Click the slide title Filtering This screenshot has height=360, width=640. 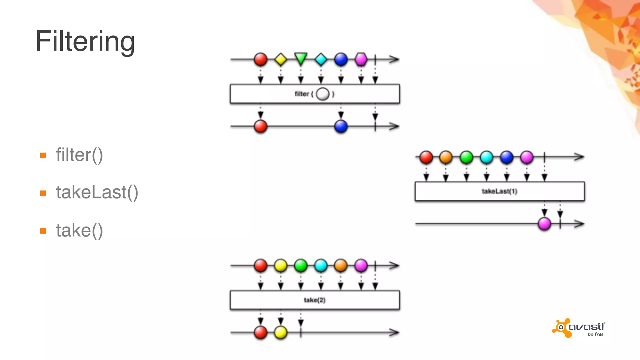pyautogui.click(x=85, y=41)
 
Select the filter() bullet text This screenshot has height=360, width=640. pyautogui.click(x=79, y=155)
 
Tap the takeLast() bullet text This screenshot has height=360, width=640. pyautogui.click(x=97, y=192)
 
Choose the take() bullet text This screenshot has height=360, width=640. pyautogui.click(x=79, y=231)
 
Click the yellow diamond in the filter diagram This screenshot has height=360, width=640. pyautogui.click(x=281, y=59)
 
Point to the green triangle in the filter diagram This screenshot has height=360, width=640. pyautogui.click(x=301, y=58)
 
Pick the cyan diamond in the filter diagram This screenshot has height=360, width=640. pyautogui.click(x=321, y=59)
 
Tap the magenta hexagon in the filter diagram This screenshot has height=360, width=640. pyautogui.click(x=361, y=59)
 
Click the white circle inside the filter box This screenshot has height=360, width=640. pyautogui.click(x=323, y=94)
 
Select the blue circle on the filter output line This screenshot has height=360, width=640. pyautogui.click(x=341, y=127)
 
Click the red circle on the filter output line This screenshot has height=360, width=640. pyautogui.click(x=261, y=127)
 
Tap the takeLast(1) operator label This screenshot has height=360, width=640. pyautogui.click(x=499, y=191)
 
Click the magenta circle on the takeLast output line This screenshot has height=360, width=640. pyautogui.click(x=544, y=224)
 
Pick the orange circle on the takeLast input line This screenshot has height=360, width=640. pyautogui.click(x=446, y=157)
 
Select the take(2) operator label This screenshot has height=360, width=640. pyautogui.click(x=315, y=300)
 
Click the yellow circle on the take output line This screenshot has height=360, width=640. pyautogui.click(x=281, y=332)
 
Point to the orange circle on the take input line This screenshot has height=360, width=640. pyautogui.click(x=341, y=266)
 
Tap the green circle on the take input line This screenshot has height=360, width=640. pyautogui.click(x=301, y=266)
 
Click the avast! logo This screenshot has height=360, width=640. pyautogui.click(x=579, y=328)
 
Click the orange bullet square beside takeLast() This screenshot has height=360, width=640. pyautogui.click(x=43, y=193)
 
